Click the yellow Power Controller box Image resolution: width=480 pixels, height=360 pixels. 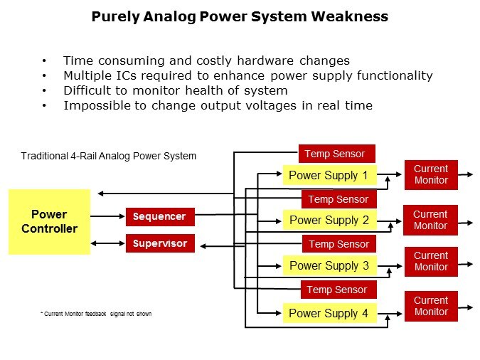click(49, 221)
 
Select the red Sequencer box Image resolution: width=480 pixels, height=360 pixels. click(160, 216)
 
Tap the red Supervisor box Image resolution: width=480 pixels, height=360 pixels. click(160, 243)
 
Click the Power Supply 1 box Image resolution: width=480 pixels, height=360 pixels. click(329, 175)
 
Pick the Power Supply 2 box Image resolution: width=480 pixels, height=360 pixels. click(329, 220)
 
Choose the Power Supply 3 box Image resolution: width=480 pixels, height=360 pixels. click(329, 265)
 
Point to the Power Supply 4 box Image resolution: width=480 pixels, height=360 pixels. click(329, 313)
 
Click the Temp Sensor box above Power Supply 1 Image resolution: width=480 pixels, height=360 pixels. click(335, 154)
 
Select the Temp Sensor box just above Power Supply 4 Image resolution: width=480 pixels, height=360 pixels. click(337, 290)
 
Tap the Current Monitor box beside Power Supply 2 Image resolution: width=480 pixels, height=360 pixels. click(430, 220)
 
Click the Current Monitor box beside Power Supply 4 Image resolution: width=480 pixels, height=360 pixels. click(431, 306)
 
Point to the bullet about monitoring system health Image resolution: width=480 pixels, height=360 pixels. click(175, 90)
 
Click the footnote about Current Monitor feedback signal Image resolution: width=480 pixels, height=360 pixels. click(96, 314)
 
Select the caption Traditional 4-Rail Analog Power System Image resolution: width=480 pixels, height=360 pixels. click(109, 156)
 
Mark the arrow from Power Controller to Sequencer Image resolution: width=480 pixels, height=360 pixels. click(108, 216)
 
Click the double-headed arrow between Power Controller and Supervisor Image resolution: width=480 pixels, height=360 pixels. click(108, 243)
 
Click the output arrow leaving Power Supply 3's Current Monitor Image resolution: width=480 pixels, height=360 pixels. click(466, 264)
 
